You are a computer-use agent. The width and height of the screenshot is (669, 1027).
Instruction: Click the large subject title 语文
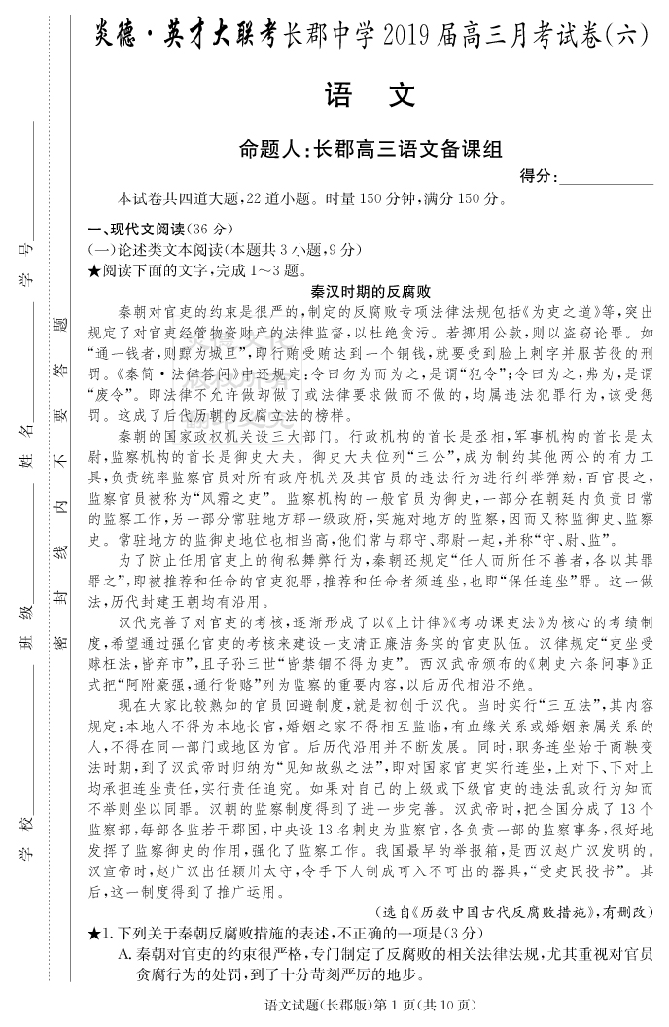(x=370, y=95)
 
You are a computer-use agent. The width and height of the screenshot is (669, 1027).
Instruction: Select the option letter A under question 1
(x=124, y=954)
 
